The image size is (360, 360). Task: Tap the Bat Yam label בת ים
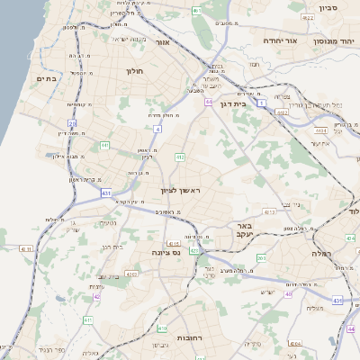tap(47, 79)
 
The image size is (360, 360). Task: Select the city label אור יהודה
tap(261, 40)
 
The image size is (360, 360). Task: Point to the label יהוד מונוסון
tap(332, 40)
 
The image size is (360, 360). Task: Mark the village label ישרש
tap(267, 291)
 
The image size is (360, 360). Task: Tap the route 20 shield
tap(72, 123)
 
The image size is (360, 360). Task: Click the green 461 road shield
tap(196, 11)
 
